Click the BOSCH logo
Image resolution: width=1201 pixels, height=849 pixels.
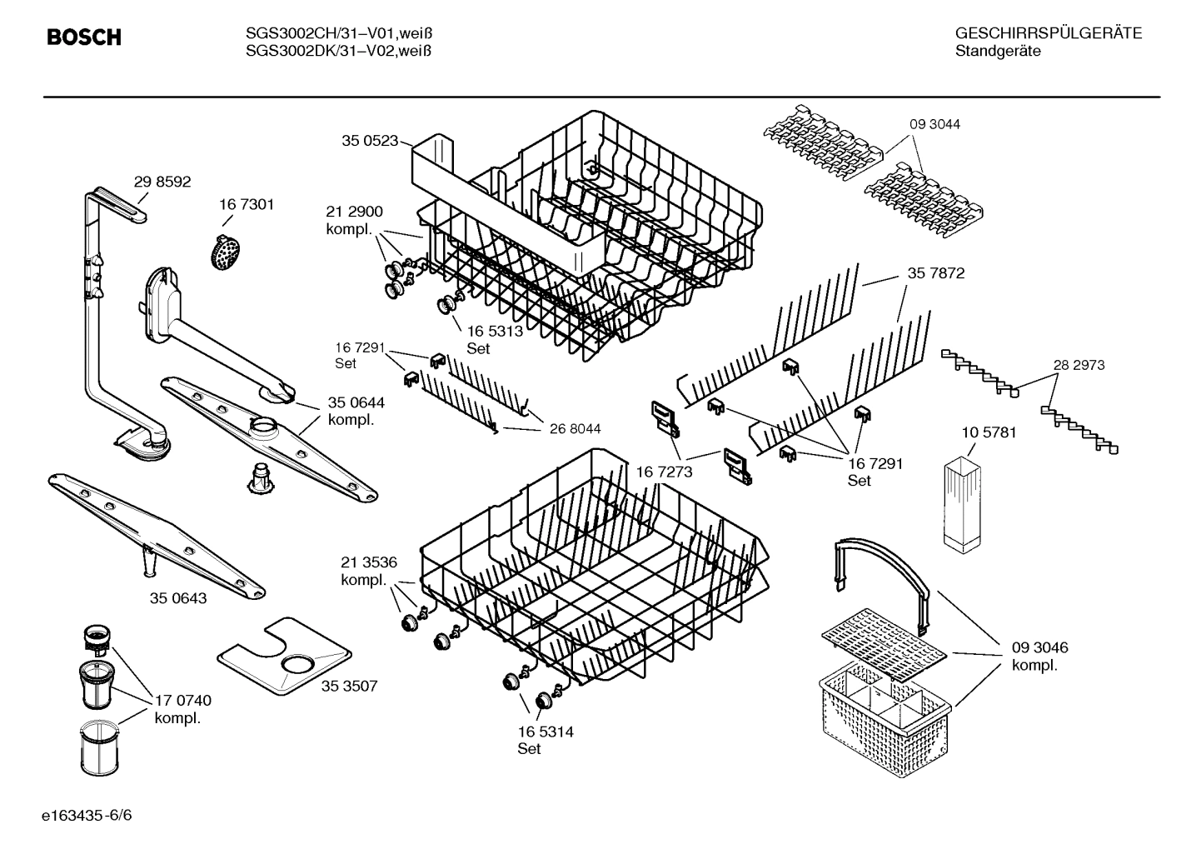pyautogui.click(x=84, y=37)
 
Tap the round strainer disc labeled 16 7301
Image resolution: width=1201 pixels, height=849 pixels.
pyautogui.click(x=223, y=250)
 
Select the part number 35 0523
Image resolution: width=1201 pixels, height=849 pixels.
pyautogui.click(x=370, y=141)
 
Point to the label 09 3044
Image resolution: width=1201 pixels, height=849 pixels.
pyautogui.click(x=934, y=124)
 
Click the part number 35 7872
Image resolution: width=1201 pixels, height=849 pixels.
pyautogui.click(x=935, y=273)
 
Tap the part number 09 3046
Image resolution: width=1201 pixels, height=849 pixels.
pyautogui.click(x=1039, y=647)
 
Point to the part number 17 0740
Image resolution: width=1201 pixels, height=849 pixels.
pyautogui.click(x=183, y=701)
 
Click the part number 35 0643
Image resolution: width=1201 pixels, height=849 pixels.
pyautogui.click(x=178, y=598)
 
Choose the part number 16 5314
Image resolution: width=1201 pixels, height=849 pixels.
pyautogui.click(x=546, y=732)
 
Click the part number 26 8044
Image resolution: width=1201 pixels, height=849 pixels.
pyautogui.click(x=575, y=429)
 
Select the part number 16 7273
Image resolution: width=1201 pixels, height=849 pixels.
pyautogui.click(x=664, y=472)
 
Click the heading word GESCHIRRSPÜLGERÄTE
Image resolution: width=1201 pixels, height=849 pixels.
pyautogui.click(x=1048, y=34)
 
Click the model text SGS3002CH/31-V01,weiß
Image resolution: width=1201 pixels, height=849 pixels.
pyautogui.click(x=338, y=34)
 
